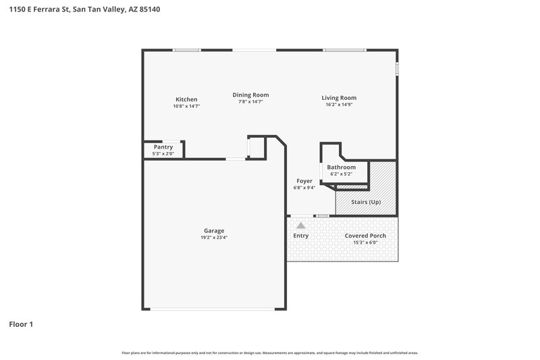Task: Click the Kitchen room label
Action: pos(186,99)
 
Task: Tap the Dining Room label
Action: pos(250,95)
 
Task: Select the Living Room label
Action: pos(338,98)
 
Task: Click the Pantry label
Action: pos(163,147)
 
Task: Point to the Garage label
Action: pos(214,230)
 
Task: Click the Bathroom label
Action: pos(341,167)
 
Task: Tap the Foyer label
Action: pos(304,181)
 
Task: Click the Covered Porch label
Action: pos(365,236)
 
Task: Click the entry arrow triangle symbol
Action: pos(301,226)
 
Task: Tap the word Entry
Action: pos(300,236)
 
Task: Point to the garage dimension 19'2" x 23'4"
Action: pos(214,238)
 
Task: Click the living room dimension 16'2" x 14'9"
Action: pos(338,105)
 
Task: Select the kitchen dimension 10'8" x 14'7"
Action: pos(186,106)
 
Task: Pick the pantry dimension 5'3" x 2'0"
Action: pos(163,153)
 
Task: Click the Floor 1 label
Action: pos(21,324)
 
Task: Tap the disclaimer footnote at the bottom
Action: pos(269,353)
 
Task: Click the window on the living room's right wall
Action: pos(397,69)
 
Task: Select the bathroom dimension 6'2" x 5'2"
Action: pos(341,174)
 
